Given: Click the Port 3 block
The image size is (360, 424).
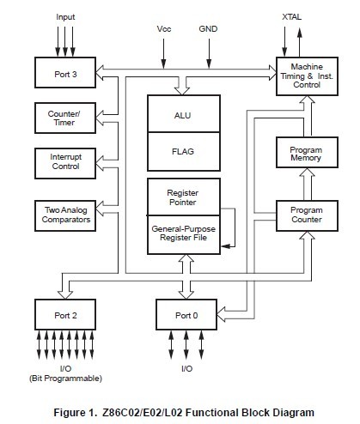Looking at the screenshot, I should [65, 74].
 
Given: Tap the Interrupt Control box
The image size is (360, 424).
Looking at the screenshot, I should [65, 161].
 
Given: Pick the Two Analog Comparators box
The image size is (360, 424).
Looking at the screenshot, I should [65, 215].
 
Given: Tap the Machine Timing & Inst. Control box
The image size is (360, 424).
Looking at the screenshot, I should [306, 75].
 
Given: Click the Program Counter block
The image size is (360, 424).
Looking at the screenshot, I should [306, 213].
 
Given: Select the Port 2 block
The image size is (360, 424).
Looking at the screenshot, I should [65, 315].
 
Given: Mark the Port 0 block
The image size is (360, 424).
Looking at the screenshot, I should [186, 315].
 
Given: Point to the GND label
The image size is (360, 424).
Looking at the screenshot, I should [208, 28].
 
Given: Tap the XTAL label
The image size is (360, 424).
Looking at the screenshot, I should [292, 16].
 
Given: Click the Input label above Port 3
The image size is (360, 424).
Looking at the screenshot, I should [65, 16].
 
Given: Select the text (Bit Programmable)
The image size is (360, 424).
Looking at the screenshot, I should [65, 379].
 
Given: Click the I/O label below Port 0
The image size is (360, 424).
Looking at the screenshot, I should [186, 369].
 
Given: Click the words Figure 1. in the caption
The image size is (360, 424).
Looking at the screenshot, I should [77, 411].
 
